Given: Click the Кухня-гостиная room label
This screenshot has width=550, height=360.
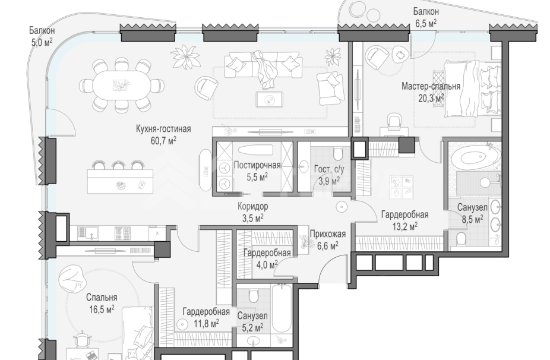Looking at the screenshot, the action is (x=163, y=129).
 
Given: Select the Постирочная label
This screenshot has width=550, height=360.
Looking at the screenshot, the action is (x=257, y=165).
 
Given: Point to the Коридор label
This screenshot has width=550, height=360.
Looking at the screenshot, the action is (x=252, y=206).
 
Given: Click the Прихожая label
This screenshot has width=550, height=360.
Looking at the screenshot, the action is (x=328, y=234).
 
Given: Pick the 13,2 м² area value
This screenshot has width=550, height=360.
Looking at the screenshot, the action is (x=405, y=226).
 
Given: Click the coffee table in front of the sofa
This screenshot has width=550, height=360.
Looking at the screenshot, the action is (x=270, y=99).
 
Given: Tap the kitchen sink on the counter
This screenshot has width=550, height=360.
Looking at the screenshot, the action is (x=88, y=233).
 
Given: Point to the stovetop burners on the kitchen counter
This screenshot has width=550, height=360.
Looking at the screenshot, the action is (x=122, y=233).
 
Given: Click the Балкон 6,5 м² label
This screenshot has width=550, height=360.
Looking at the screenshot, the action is (x=426, y=17).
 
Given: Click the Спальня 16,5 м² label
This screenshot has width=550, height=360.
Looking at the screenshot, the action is (x=102, y=304).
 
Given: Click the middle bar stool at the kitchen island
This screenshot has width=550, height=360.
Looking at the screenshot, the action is (x=118, y=165).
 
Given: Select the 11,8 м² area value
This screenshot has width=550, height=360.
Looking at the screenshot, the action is (x=206, y=323).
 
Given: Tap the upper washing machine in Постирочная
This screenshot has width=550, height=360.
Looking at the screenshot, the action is (x=224, y=169).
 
